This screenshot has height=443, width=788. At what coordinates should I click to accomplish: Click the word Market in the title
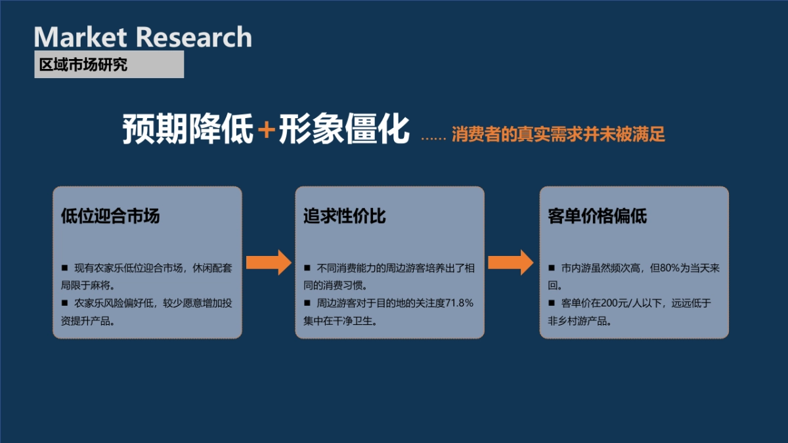pyautogui.click(x=80, y=37)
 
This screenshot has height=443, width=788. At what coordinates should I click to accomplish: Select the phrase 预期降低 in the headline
pyautogui.click(x=188, y=129)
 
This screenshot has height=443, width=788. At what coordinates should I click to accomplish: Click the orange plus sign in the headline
pyautogui.click(x=266, y=130)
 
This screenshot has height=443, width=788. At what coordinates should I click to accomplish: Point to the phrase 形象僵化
pyautogui.click(x=343, y=129)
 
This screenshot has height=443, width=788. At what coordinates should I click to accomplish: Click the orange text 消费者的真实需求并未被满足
pyautogui.click(x=558, y=135)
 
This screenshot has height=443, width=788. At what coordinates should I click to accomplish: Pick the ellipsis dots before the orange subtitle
pyautogui.click(x=433, y=138)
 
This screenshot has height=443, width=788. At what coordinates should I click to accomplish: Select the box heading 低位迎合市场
pyautogui.click(x=110, y=216)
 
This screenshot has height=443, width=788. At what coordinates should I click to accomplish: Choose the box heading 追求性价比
pyautogui.click(x=344, y=216)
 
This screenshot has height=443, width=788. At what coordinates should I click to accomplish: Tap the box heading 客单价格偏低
pyautogui.click(x=597, y=216)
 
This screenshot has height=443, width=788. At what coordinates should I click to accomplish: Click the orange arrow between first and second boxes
pyautogui.click(x=268, y=263)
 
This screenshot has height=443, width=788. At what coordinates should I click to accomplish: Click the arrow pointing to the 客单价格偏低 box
pyautogui.click(x=510, y=263)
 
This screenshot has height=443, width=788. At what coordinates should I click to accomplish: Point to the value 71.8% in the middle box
pyautogui.click(x=460, y=304)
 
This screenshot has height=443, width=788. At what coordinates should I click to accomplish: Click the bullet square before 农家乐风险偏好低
pyautogui.click(x=64, y=304)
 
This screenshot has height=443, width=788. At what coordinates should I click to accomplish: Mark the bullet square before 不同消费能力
pyautogui.click(x=307, y=268)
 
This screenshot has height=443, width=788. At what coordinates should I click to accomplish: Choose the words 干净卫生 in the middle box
pyautogui.click(x=355, y=322)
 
